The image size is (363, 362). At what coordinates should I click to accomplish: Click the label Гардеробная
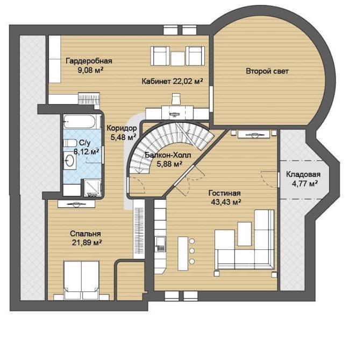click(89, 61)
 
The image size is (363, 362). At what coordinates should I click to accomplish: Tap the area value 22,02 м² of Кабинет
click(188, 81)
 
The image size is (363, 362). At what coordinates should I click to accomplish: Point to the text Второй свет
click(267, 71)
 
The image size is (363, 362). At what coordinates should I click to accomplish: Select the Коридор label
click(122, 128)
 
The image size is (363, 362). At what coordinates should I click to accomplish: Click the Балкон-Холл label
click(168, 155)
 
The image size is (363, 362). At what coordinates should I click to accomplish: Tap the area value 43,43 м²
click(226, 202)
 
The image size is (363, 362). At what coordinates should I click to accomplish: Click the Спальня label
click(86, 234)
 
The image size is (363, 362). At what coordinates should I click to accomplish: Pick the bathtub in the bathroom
click(80, 121)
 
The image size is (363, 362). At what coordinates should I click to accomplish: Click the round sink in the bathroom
click(70, 161)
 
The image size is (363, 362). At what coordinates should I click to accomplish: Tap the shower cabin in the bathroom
click(92, 188)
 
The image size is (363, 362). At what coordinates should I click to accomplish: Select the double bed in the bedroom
click(81, 281)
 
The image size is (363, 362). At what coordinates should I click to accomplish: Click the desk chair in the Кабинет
click(176, 99)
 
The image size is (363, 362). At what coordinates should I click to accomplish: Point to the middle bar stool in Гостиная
click(192, 251)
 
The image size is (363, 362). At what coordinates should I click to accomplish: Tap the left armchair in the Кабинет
click(160, 56)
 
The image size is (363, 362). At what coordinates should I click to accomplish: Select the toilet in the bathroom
click(70, 143)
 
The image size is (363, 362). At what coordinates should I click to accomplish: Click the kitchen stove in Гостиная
click(160, 244)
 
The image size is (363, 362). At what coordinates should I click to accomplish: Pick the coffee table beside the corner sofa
click(245, 234)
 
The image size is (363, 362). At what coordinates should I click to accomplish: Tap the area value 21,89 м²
click(87, 243)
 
